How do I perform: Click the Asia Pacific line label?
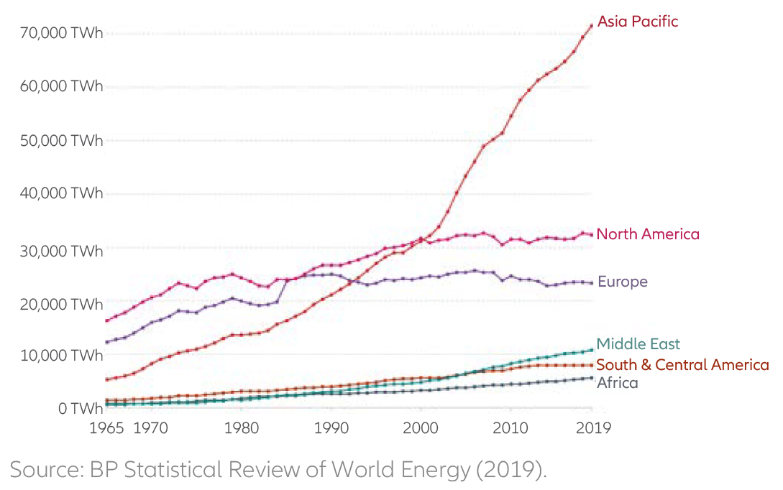click(x=637, y=22)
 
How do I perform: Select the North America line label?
click(x=647, y=234)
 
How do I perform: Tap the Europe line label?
click(x=622, y=282)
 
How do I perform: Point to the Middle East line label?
click(x=638, y=344)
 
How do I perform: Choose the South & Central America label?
click(x=682, y=365)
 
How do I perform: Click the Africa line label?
click(x=617, y=383)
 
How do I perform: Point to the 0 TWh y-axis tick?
click(x=73, y=409)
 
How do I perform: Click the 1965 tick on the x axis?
click(x=107, y=428)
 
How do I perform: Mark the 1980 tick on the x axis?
click(x=242, y=428)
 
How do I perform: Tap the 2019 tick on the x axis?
click(x=592, y=428)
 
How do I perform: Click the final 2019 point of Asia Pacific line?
click(x=591, y=26)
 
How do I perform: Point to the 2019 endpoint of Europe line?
click(x=591, y=283)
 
